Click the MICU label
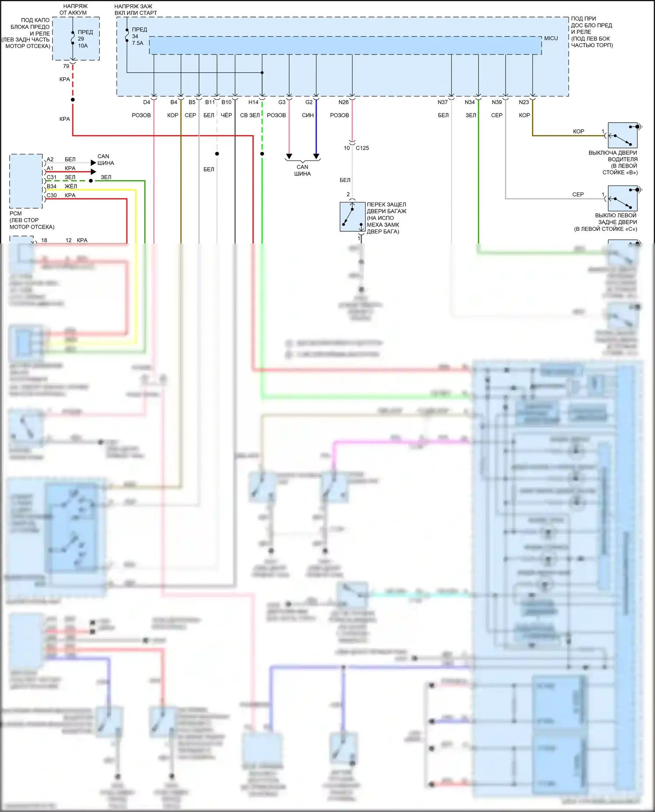(x=551, y=38)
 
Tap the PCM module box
(x=26, y=181)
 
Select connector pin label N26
(x=343, y=102)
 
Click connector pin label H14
(x=253, y=102)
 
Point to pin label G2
(x=309, y=102)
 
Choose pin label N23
(x=524, y=102)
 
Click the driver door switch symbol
(x=623, y=136)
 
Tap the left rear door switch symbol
(x=623, y=199)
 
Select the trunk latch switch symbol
(x=352, y=216)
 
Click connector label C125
(x=362, y=148)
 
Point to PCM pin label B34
(x=52, y=186)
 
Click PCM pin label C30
(x=52, y=195)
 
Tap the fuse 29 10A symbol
(x=73, y=38)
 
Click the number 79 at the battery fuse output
(x=66, y=66)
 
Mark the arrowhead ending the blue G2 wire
(x=316, y=156)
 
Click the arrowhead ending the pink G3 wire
(x=289, y=156)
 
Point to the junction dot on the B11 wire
(x=217, y=154)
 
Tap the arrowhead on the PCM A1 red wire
(x=93, y=171)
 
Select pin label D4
(x=146, y=102)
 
